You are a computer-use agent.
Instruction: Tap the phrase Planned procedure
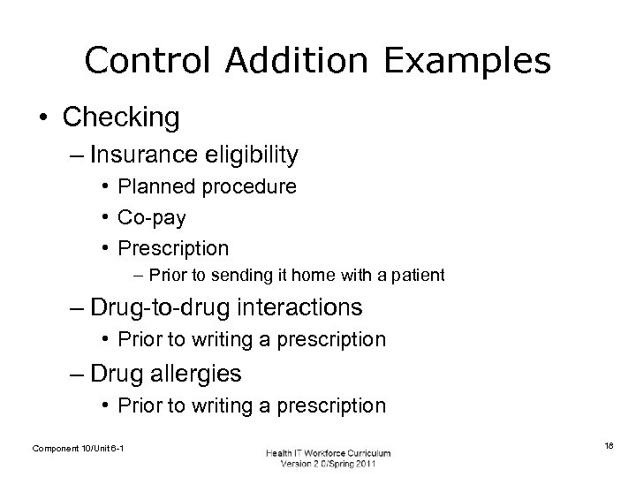pyautogui.click(x=208, y=187)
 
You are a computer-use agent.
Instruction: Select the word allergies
pyautogui.click(x=199, y=374)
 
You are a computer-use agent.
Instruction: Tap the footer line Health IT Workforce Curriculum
pyautogui.click(x=328, y=452)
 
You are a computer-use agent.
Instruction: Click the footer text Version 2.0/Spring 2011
pyautogui.click(x=328, y=464)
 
